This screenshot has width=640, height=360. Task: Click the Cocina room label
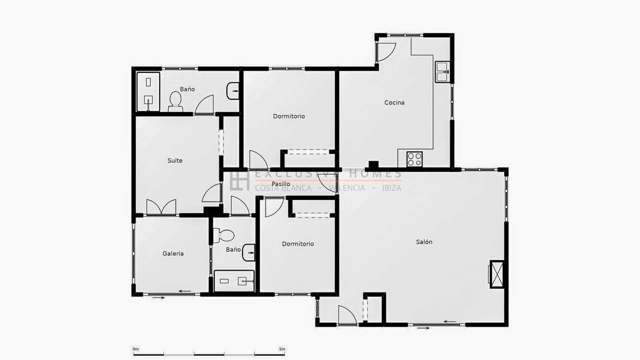(x=394, y=102)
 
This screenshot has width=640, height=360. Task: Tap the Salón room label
(x=424, y=242)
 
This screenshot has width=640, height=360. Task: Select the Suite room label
(x=175, y=160)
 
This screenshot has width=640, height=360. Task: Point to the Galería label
(x=173, y=254)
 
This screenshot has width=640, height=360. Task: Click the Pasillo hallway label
(x=281, y=184)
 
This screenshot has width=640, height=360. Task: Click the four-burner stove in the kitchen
(x=414, y=160)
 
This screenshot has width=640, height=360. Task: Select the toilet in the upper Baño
(x=175, y=102)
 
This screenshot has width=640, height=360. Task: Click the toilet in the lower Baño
(x=224, y=236)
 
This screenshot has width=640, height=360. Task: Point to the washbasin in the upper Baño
(x=233, y=91)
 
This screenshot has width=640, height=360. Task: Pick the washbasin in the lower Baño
(x=248, y=252)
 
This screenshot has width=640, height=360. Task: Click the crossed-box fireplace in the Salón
(x=496, y=274)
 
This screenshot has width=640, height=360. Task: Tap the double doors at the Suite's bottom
(x=161, y=207)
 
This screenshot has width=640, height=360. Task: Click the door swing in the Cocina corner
(x=386, y=52)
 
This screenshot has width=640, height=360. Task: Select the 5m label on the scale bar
(x=282, y=349)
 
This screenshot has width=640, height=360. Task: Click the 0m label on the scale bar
(x=136, y=349)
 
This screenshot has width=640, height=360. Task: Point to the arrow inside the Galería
(x=184, y=291)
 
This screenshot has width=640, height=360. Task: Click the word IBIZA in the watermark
(x=392, y=188)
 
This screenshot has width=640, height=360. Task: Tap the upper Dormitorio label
(x=289, y=116)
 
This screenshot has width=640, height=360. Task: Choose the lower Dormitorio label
(x=298, y=244)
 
